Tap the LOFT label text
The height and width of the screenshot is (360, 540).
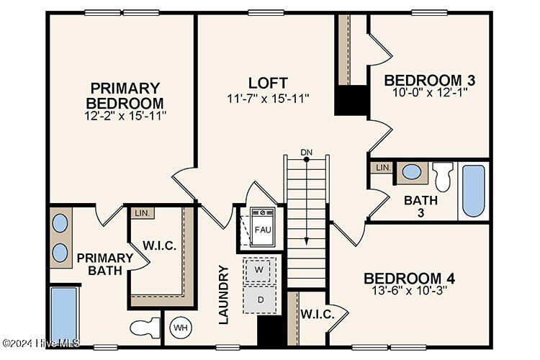coord(268,82)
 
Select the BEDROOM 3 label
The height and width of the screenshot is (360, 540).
coord(429,79)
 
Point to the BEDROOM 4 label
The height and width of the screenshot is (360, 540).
coord(408,279)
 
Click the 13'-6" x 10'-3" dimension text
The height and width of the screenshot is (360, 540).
coord(408,292)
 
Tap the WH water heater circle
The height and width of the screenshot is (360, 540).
coord(179,328)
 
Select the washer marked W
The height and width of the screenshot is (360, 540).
coord(259,270)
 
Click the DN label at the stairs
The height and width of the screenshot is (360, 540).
coord(307,152)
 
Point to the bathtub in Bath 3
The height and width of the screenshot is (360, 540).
coord(473,190)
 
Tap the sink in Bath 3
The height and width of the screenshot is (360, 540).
coord(412,172)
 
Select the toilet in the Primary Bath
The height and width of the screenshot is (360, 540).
coord(145,328)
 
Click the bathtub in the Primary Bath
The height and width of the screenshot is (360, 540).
coord(63,315)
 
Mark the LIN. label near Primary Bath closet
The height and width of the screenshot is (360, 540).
coord(140,213)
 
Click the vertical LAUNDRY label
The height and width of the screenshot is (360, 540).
coord(223,294)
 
